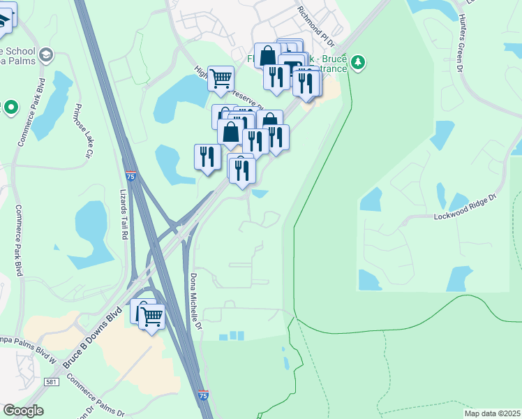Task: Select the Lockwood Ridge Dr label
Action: [465, 207]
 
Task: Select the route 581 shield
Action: [50, 382]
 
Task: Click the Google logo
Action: [23, 411]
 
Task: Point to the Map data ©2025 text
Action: [491, 413]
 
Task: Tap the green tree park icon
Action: [358, 63]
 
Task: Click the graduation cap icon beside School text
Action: [46, 54]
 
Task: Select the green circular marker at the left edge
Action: [11, 108]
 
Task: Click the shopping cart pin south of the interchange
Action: [151, 318]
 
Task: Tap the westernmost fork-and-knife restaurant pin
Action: [207, 156]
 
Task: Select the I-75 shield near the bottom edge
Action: [203, 395]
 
